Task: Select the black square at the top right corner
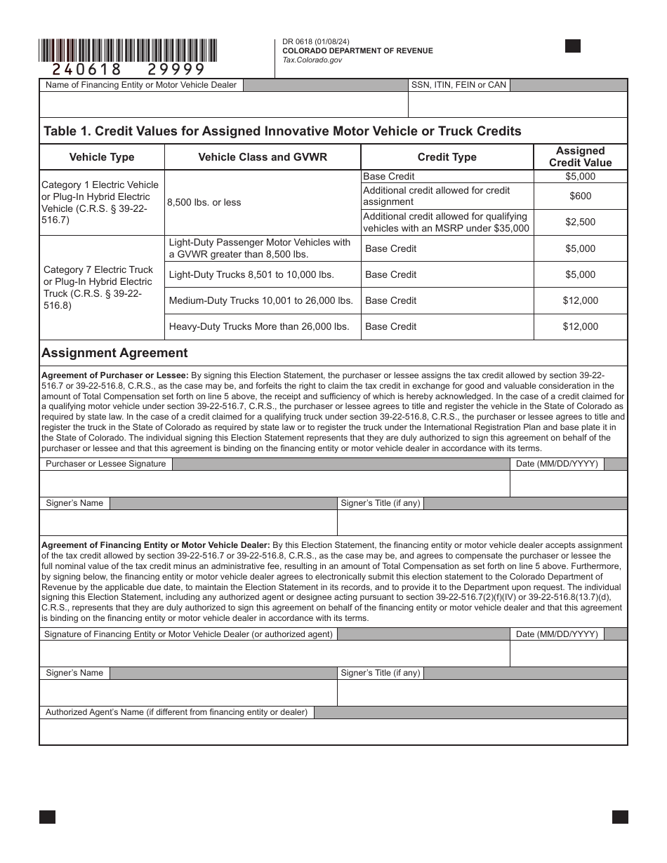click(573, 46)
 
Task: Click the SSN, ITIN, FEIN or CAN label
click(458, 85)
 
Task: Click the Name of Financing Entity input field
click(223, 105)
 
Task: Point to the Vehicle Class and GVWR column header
click(263, 157)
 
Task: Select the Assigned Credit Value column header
click(580, 156)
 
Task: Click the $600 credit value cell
click(580, 196)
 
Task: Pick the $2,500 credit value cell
click(580, 222)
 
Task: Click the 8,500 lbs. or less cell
click(204, 202)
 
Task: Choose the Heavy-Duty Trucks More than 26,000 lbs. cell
click(259, 326)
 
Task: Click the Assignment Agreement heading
click(114, 353)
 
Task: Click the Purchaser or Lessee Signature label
click(106, 464)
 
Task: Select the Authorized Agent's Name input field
click(333, 732)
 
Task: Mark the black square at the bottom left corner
click(47, 817)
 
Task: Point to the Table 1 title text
click(282, 131)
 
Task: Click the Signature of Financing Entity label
click(188, 634)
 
